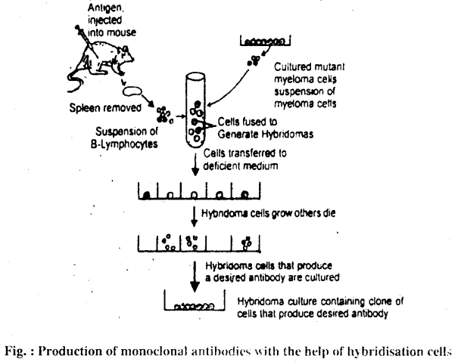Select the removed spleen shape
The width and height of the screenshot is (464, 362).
pos(134,93)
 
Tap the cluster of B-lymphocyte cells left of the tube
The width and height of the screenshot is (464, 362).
pos(163,115)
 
